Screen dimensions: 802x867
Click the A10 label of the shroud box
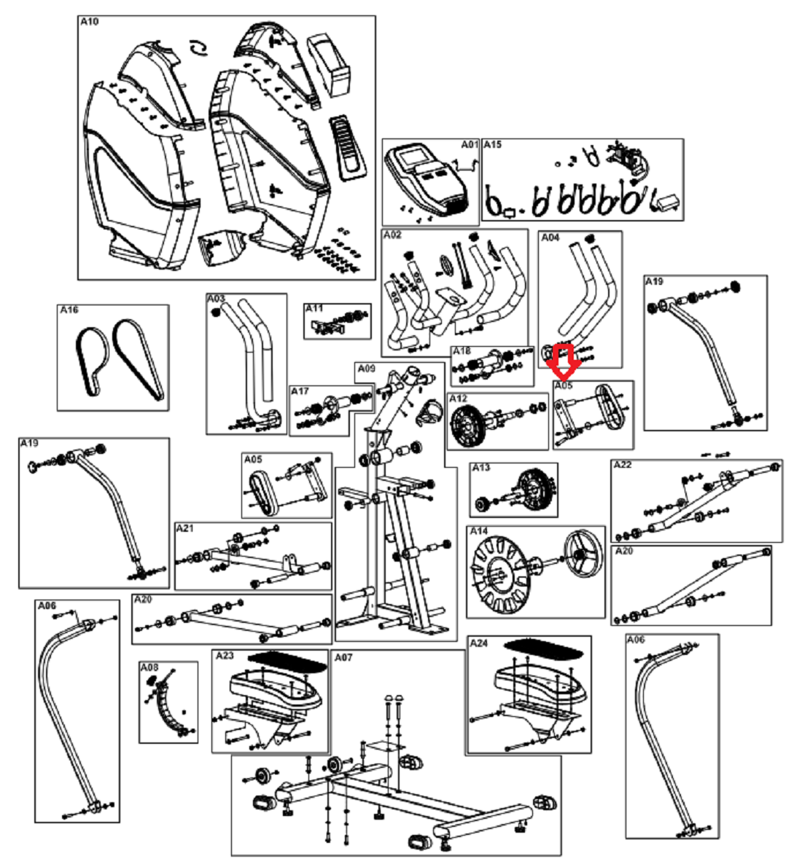coord(89,22)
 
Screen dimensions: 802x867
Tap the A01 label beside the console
coord(470,144)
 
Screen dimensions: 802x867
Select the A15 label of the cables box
coord(492,144)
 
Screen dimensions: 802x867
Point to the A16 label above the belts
coord(69,310)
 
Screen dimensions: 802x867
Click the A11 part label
coord(314,308)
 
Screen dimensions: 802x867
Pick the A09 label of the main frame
coord(366,368)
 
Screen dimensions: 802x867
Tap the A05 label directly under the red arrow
coord(564,385)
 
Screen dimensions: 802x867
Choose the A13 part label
coord(480,468)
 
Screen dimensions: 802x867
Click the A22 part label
coord(623,465)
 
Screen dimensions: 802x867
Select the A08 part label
coord(149,667)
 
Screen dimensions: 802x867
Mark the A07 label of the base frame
coord(343,657)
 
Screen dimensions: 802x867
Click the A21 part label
coord(185,529)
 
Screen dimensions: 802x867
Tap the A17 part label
coord(300,391)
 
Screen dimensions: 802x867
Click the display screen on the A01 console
coord(414,157)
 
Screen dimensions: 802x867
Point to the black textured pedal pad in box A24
coord(543,648)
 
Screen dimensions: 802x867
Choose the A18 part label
coord(462,351)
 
